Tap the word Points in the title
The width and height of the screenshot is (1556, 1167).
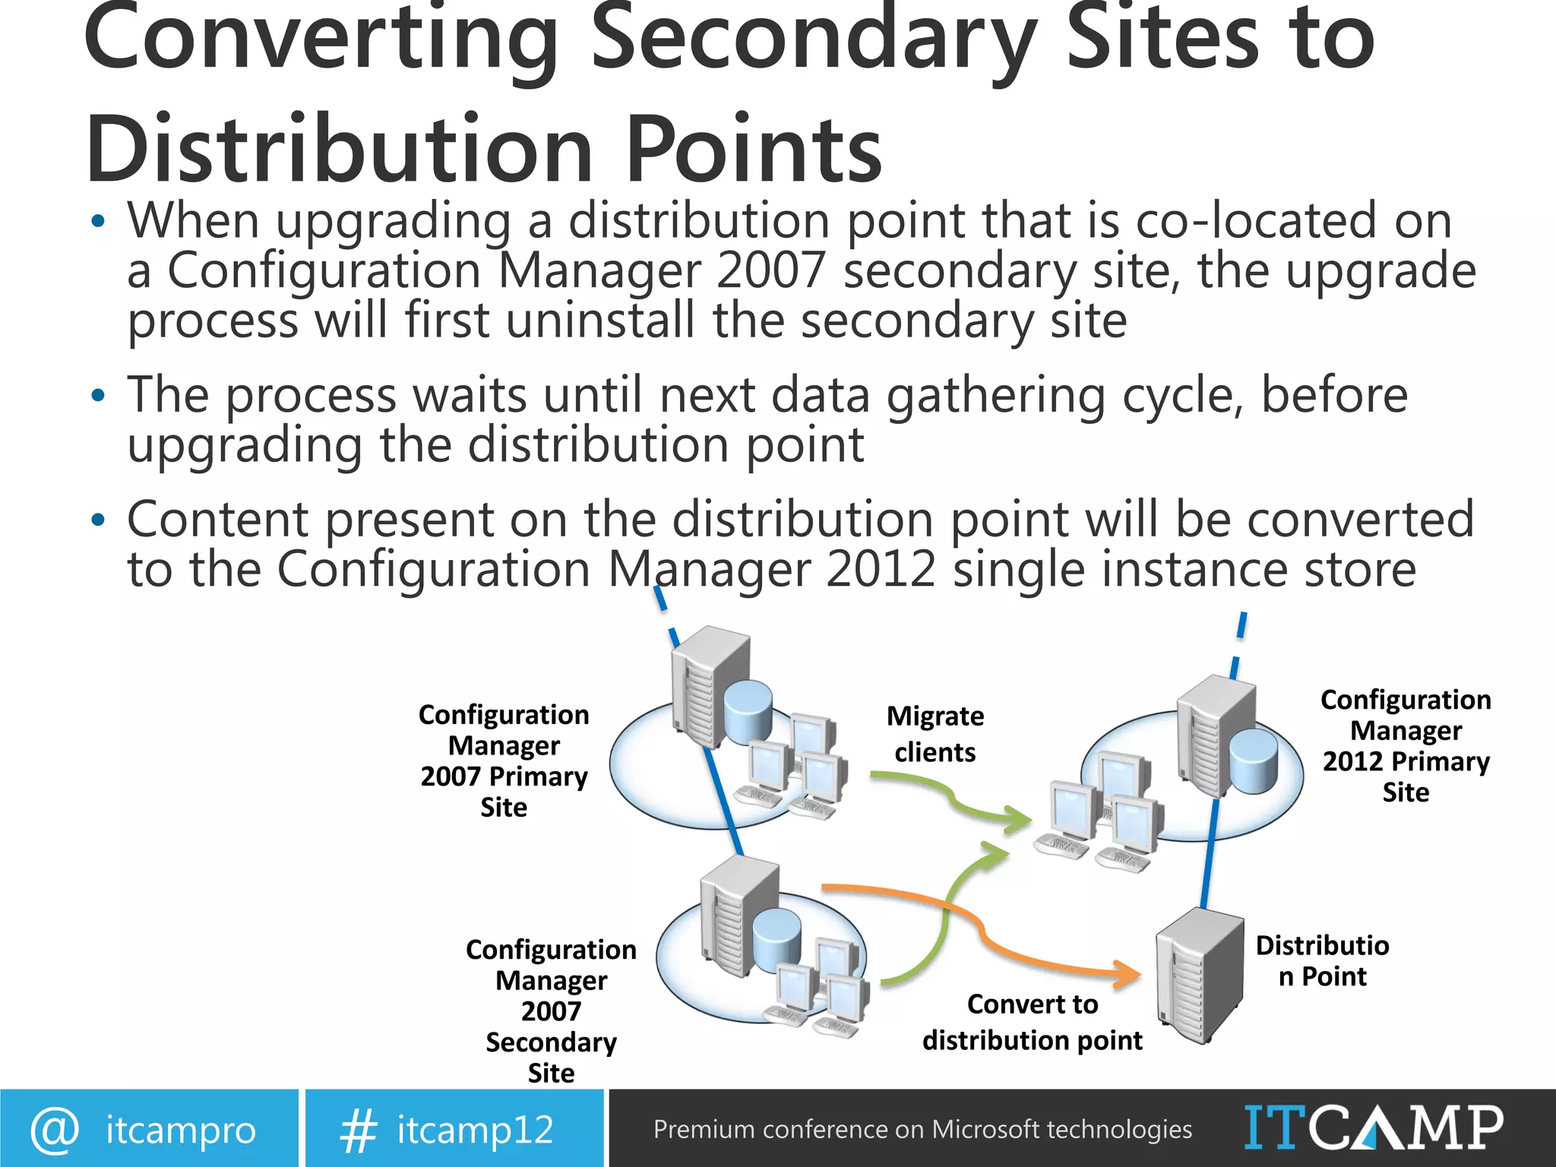tap(752, 150)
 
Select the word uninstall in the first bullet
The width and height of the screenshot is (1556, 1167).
tap(600, 320)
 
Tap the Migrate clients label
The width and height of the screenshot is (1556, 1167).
tap(935, 734)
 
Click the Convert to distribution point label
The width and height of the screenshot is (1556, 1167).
tap(1032, 1022)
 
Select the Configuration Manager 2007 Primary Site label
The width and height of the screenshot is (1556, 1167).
tap(504, 761)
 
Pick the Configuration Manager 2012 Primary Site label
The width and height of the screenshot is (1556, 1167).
tap(1406, 745)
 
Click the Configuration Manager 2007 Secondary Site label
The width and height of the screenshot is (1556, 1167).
tap(551, 1010)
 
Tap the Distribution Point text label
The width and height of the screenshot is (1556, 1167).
tap(1322, 960)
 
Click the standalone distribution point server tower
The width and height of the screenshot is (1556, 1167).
tap(1197, 976)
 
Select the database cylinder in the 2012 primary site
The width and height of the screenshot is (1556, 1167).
tap(1253, 761)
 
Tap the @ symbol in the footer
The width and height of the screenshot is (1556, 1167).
tap(54, 1130)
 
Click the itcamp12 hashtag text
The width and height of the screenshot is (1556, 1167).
tap(475, 1130)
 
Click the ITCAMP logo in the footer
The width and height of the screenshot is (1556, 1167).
tap(1373, 1127)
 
